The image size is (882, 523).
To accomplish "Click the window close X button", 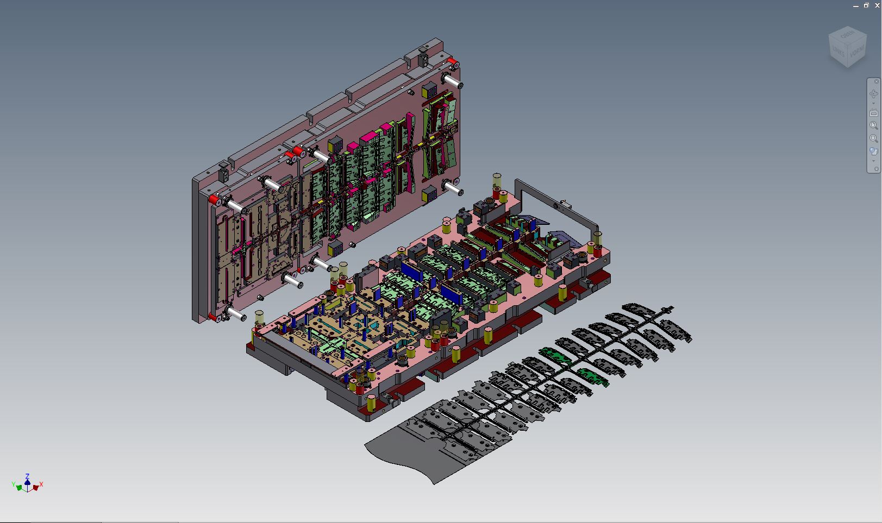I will [x=877, y=5].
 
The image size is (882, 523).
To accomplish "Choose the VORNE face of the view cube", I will [x=857, y=52].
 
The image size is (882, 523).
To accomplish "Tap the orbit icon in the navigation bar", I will [x=874, y=93].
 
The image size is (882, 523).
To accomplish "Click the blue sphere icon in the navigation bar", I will [x=873, y=151].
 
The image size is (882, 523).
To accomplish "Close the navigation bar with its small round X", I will [x=876, y=81].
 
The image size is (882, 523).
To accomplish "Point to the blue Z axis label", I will [x=27, y=476].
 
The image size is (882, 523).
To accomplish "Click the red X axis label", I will [x=41, y=484].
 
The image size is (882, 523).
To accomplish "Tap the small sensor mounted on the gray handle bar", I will [x=565, y=205].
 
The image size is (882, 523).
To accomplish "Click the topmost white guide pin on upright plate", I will [x=453, y=82].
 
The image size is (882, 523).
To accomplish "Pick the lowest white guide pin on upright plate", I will [x=236, y=313].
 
